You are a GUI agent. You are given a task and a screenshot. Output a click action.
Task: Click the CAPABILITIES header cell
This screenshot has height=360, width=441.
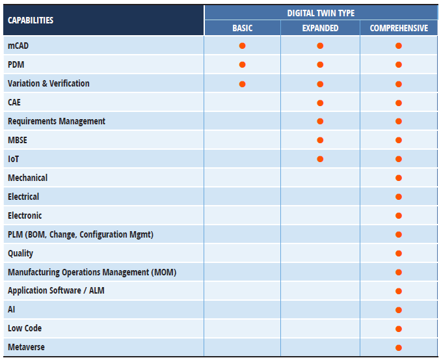click(x=31, y=20)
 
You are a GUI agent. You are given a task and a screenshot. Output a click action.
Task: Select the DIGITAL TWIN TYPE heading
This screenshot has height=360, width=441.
click(x=321, y=12)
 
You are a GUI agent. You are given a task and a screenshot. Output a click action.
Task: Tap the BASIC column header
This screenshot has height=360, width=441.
click(x=242, y=28)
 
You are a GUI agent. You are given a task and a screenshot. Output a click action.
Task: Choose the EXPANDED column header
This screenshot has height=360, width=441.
click(x=320, y=28)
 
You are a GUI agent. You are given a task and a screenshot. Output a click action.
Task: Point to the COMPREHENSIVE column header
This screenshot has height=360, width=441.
click(x=399, y=28)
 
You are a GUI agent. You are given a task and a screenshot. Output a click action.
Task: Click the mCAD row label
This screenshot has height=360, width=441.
click(x=18, y=46)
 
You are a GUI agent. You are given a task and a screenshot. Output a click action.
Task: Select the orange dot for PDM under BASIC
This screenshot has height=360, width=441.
click(x=242, y=64)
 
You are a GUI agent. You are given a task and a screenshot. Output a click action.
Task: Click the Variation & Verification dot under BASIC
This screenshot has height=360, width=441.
click(x=242, y=83)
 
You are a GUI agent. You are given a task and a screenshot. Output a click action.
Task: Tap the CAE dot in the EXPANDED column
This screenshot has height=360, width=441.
click(x=320, y=103)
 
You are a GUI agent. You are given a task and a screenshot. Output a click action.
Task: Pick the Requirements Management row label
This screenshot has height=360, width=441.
click(x=57, y=121)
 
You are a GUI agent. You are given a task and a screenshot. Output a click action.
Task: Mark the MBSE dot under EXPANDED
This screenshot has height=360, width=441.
click(x=320, y=140)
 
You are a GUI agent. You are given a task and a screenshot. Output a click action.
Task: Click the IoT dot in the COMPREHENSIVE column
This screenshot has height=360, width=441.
click(x=399, y=159)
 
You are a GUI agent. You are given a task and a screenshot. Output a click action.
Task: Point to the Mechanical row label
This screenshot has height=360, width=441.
click(x=27, y=178)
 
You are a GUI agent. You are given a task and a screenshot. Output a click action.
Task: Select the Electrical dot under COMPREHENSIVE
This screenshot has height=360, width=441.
click(x=399, y=197)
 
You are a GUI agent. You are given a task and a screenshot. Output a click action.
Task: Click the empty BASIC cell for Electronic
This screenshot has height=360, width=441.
click(x=242, y=215)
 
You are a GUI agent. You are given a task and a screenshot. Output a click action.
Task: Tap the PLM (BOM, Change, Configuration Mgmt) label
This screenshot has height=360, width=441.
click(x=81, y=234)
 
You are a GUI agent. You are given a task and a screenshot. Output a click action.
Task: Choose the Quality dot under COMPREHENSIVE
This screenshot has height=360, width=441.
click(x=399, y=253)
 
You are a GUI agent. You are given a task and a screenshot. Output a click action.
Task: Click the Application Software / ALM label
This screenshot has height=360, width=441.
click(x=56, y=291)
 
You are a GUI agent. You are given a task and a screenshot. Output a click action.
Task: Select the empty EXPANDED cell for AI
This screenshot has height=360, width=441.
click(x=320, y=310)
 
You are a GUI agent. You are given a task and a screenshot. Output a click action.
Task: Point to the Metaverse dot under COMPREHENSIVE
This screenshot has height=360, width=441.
click(x=399, y=348)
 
